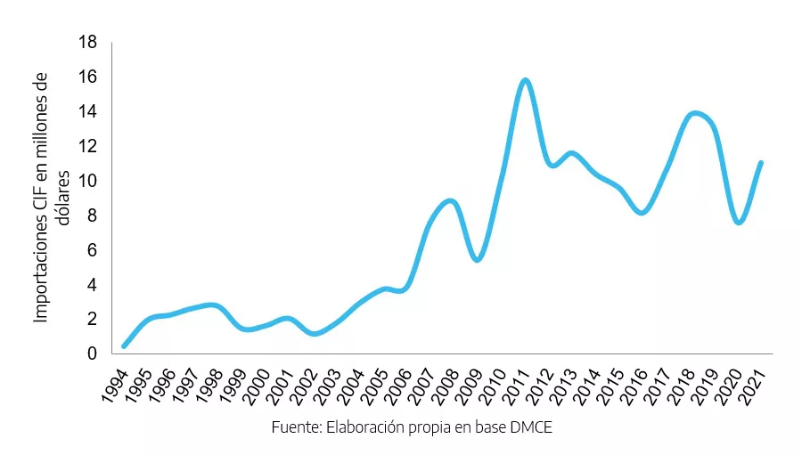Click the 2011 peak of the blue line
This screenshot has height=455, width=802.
click(525, 81)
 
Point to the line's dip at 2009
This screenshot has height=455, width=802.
click(478, 259)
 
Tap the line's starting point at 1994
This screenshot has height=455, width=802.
click(124, 345)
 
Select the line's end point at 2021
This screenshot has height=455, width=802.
click(761, 163)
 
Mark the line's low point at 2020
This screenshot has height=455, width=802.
click(739, 222)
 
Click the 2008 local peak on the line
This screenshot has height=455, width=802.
click(452, 201)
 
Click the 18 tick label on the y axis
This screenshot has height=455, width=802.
click(87, 42)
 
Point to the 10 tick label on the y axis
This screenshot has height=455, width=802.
click(87, 181)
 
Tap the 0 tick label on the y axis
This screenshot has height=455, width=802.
click(92, 353)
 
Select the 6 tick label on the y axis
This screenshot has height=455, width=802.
click(92, 250)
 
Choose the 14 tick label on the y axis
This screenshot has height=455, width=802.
click(87, 111)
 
